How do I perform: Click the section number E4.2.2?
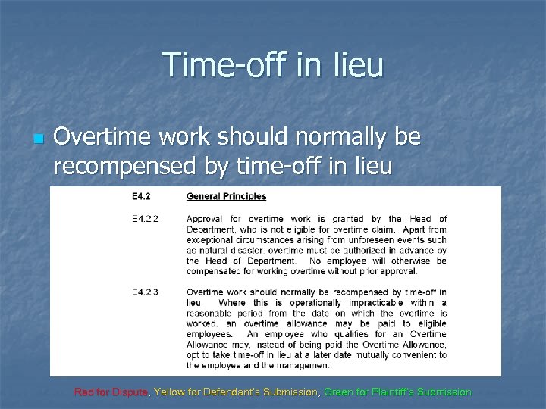click(146, 220)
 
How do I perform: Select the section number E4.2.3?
click(146, 292)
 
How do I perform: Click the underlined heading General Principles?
click(226, 197)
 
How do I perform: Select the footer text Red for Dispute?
click(111, 392)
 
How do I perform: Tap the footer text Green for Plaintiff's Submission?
click(397, 392)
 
